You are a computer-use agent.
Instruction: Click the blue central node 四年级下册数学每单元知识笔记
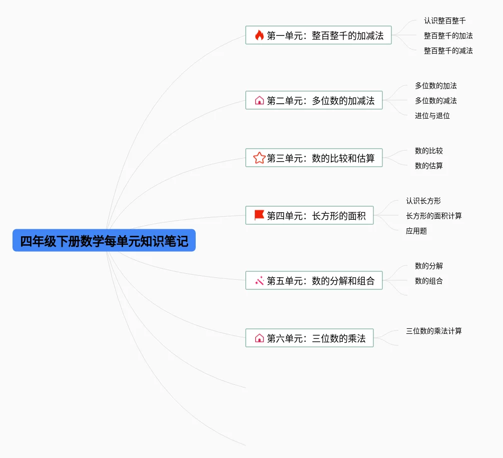point(104,241)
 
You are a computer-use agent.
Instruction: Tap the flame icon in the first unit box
point(259,35)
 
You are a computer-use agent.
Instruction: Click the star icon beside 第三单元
point(259,158)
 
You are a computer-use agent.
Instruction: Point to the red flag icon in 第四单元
point(259,215)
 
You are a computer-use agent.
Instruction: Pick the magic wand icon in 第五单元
point(259,281)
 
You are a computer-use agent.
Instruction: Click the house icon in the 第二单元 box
point(259,100)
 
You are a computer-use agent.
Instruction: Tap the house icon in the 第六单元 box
point(259,338)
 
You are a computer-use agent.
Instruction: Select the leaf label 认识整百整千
point(444,21)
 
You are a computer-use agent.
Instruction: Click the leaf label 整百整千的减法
point(448,51)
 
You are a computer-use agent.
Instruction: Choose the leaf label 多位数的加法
point(435,86)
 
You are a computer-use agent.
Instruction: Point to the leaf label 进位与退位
point(432,116)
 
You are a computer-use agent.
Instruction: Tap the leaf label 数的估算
point(428,166)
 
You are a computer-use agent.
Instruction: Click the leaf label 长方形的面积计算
point(433,216)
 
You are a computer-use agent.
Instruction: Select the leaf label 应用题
point(416,231)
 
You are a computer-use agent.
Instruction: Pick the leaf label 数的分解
point(428,266)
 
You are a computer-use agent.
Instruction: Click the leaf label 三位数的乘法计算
point(433,331)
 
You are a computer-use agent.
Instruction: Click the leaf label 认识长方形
point(423,201)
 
